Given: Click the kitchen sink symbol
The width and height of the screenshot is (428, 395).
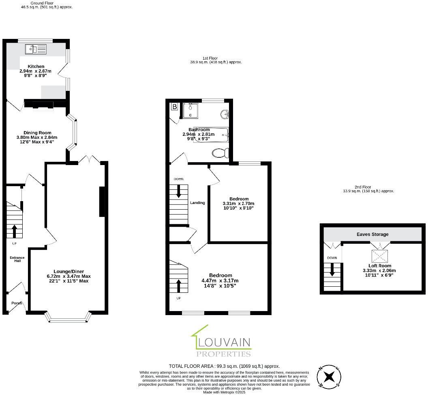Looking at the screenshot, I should tap(36, 49).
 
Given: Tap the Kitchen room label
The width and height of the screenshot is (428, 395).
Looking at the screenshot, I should tap(36, 67).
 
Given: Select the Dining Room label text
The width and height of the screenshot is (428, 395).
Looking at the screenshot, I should tap(37, 133).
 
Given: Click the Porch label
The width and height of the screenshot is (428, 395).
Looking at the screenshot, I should tap(17, 303).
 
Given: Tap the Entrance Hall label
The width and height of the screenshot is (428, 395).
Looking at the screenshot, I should tap(17, 259).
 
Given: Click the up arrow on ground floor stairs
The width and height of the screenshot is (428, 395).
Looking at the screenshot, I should tap(15, 231).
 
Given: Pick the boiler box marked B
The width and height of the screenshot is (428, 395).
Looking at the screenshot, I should tap(175, 107).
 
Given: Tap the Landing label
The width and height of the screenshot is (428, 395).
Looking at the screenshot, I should tap(197, 203).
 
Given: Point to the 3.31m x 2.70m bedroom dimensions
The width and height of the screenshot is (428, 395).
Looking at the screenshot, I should tap(238, 204).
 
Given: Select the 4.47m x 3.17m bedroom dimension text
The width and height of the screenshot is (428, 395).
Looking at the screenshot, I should tap(220, 281).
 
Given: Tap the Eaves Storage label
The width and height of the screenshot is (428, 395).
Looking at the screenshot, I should tap(372, 234).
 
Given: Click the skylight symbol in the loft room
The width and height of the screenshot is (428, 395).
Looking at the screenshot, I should tap(380, 256).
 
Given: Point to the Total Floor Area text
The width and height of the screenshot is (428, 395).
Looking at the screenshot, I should tap(224, 366).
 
